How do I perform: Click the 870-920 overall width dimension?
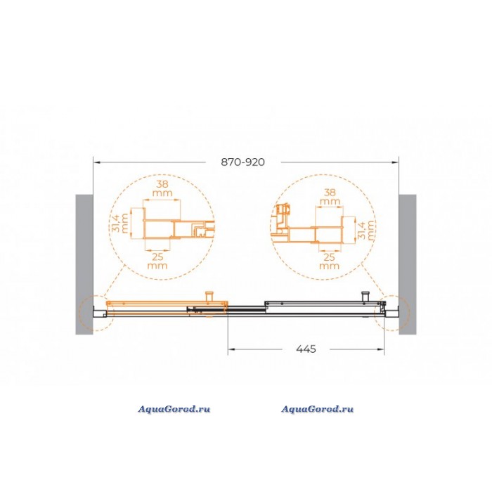(x=243, y=162)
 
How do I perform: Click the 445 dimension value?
(x=306, y=349)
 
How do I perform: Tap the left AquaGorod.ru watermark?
(x=174, y=409)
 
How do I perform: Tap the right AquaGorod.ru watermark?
(x=317, y=409)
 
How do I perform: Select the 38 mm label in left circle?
(x=162, y=188)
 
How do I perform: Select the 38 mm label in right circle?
(x=330, y=196)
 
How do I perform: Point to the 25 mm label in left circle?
(x=157, y=261)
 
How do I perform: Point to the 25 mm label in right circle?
(x=329, y=261)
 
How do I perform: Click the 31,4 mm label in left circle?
(x=120, y=223)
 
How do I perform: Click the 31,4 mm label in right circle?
(x=366, y=230)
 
